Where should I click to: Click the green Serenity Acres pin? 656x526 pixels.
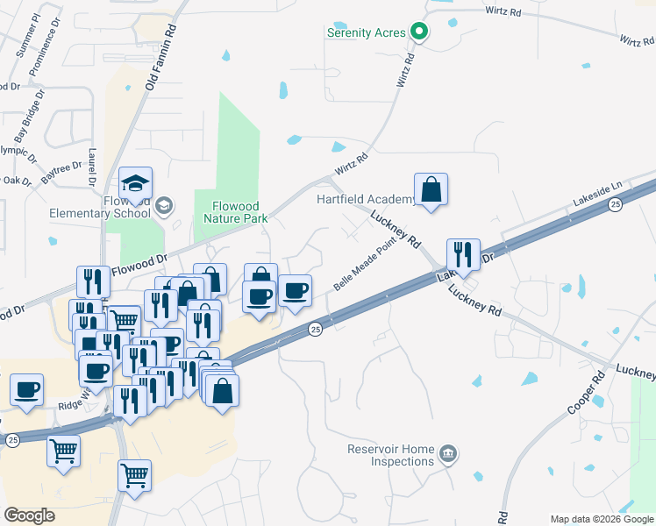(419, 32)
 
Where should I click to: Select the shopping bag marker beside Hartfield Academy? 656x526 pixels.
(431, 189)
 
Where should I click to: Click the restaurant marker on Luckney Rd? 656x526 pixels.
(463, 255)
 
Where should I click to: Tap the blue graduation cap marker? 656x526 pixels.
(135, 183)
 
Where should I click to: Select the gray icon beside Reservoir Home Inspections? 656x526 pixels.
(448, 453)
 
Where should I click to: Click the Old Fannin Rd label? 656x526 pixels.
(161, 58)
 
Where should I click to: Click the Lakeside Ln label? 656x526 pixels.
(596, 192)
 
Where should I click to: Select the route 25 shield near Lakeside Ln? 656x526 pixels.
(616, 204)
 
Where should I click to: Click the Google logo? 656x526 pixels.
(29, 515)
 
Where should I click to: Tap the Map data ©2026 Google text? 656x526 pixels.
(601, 519)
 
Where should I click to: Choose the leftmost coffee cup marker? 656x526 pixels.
(26, 388)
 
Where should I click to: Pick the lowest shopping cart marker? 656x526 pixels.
(134, 475)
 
